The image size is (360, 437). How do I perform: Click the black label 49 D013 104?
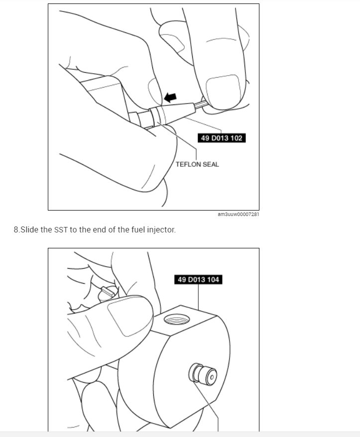[198, 280]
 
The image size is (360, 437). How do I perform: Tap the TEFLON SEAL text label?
[197, 164]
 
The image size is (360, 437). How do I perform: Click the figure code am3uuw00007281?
[239, 215]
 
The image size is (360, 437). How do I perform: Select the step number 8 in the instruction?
[16, 230]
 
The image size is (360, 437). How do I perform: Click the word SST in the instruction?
[62, 230]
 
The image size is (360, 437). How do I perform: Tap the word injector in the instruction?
[160, 230]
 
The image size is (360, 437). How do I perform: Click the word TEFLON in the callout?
[187, 164]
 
